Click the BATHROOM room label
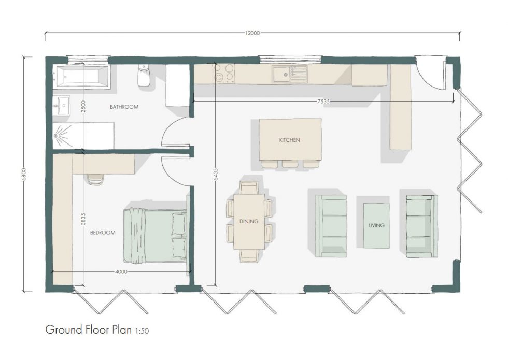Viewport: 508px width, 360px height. coord(124,107)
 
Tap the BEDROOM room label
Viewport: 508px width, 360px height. coord(103,233)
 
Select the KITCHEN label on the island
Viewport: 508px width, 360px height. coord(289,140)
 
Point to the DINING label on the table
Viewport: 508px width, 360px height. coord(249,222)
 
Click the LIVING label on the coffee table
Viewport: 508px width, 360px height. coord(376,226)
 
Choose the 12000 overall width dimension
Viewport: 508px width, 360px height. coord(252,33)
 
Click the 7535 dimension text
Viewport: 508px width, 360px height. coord(324,102)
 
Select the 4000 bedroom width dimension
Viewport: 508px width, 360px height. coord(121,272)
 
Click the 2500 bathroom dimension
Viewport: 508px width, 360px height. coord(83,107)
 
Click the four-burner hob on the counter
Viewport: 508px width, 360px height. coord(224,73)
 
